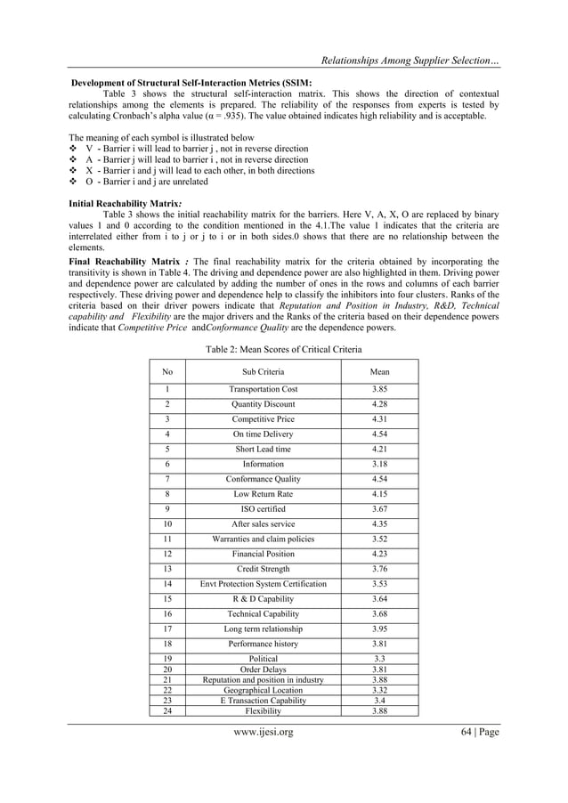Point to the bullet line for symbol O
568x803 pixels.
click(x=148, y=182)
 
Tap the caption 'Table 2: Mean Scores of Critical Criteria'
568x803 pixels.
click(x=283, y=350)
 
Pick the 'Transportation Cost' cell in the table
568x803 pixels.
click(x=264, y=390)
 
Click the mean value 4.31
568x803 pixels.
click(x=379, y=419)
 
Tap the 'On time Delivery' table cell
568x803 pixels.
click(x=264, y=434)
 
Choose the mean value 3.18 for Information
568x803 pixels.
click(x=379, y=464)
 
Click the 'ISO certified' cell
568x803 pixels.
click(x=264, y=508)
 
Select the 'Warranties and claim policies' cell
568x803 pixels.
click(x=264, y=539)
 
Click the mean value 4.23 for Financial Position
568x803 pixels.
click(x=379, y=554)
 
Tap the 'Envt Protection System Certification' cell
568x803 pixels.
click(x=264, y=584)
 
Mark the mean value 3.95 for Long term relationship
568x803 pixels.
click(x=379, y=629)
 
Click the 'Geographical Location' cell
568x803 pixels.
click(x=264, y=689)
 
